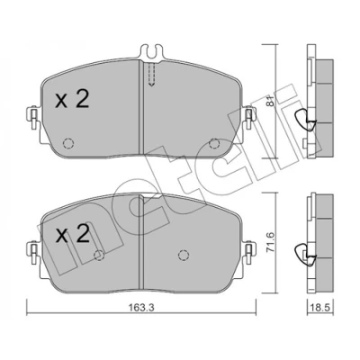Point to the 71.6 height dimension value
[270, 243]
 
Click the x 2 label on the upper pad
[72, 99]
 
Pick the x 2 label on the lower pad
[72, 234]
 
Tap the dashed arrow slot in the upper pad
[151, 75]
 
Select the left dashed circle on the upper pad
[68, 143]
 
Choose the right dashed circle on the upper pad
[214, 143]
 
